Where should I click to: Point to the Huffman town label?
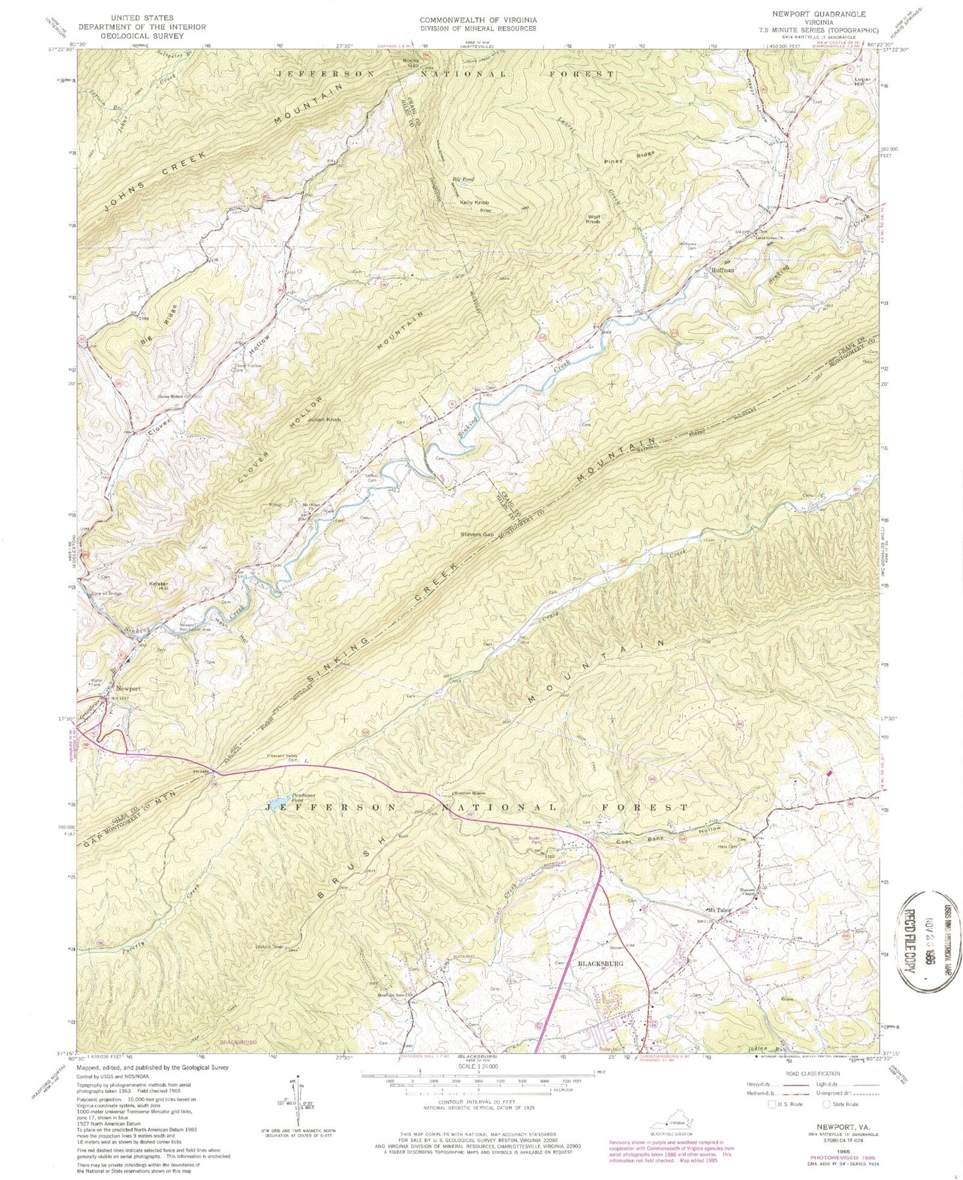click(x=722, y=270)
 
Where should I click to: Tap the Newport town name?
click(x=129, y=688)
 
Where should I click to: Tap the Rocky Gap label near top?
click(x=412, y=63)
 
